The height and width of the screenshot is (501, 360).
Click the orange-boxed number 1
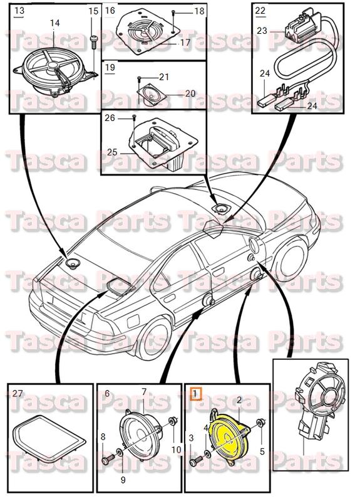pos(195,394)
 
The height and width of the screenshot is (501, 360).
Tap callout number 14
pos(54,23)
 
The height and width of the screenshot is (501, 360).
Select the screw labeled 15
pos(93,42)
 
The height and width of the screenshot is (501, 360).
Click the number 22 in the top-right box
pos(260,11)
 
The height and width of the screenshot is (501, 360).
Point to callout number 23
pos(262,29)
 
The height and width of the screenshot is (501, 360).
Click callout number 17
pos(185,43)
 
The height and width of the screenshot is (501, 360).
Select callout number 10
pos(176,450)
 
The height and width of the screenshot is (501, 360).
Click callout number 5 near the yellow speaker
pos(262,451)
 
